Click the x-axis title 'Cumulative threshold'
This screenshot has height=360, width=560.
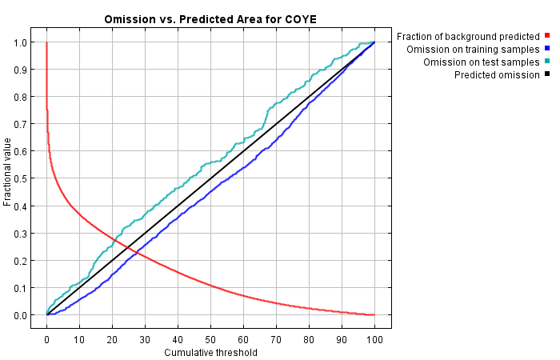tap(211, 352)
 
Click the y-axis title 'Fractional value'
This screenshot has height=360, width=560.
tap(8, 172)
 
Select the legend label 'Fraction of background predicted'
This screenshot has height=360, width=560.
tap(468, 36)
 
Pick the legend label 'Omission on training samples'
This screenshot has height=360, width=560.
tap(473, 49)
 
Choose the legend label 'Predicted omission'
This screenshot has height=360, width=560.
tap(496, 74)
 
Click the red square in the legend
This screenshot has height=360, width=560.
tap(547, 36)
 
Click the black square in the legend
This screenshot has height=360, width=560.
tap(547, 74)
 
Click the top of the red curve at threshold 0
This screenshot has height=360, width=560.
tap(46, 43)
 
